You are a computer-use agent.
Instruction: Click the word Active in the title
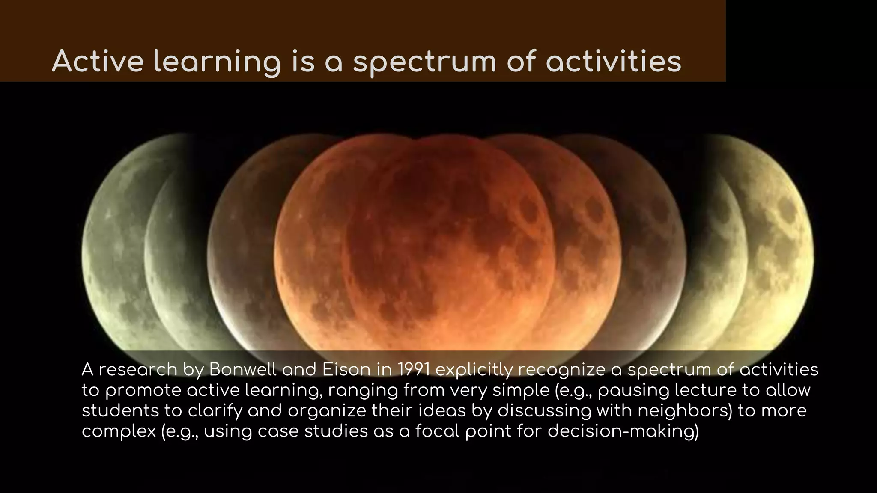pyautogui.click(x=98, y=61)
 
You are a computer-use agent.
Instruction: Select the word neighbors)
pyautogui.click(x=685, y=411)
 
